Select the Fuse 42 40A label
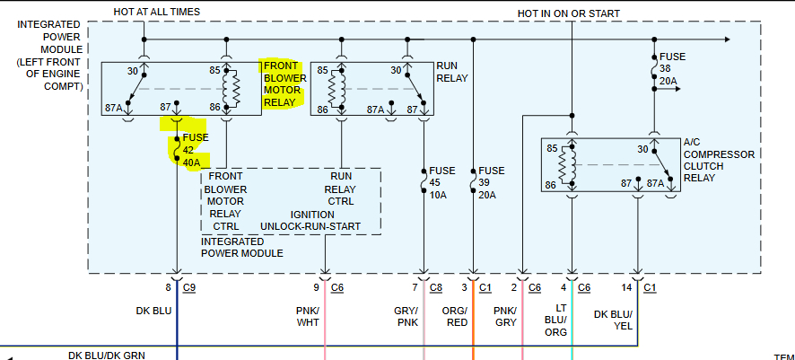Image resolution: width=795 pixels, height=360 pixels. pyautogui.click(x=196, y=150)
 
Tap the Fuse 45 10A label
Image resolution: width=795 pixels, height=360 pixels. pyautogui.click(x=442, y=183)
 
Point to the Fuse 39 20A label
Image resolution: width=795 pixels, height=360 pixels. pyautogui.click(x=492, y=183)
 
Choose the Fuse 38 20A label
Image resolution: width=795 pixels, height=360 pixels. pyautogui.click(x=672, y=69)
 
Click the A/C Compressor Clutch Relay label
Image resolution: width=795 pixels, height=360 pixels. pyautogui.click(x=719, y=160)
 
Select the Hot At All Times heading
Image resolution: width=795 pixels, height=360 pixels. pyautogui.click(x=157, y=11)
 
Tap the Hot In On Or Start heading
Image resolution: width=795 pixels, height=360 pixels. pyautogui.click(x=568, y=13)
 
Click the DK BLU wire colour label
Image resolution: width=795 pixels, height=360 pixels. pyautogui.click(x=153, y=311)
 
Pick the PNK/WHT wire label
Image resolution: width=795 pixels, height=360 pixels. pyautogui.click(x=309, y=316)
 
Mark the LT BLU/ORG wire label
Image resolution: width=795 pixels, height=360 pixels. pyautogui.click(x=555, y=320)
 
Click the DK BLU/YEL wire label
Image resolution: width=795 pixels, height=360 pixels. pyautogui.click(x=614, y=320)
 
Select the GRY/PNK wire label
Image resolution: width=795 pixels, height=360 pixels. pyautogui.click(x=406, y=316)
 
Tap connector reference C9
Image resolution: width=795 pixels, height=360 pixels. pyautogui.click(x=189, y=287)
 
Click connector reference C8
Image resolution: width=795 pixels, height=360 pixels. pyautogui.click(x=436, y=287)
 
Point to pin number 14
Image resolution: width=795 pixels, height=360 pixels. pyautogui.click(x=626, y=287)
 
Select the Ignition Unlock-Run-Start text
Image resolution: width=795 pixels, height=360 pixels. pyautogui.click(x=310, y=220)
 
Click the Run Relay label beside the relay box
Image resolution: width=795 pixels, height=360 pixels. pyautogui.click(x=452, y=72)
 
